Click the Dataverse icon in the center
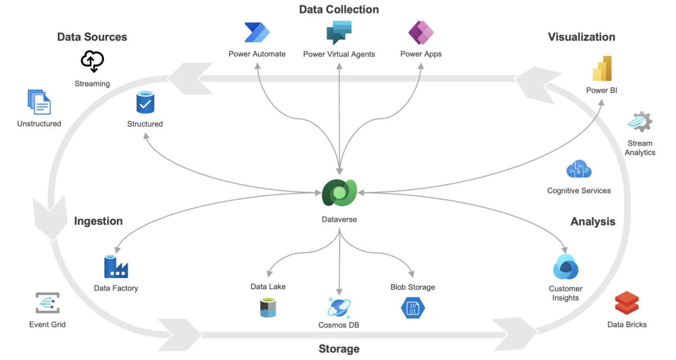tap(339, 193)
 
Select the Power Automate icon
tap(257, 32)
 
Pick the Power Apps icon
tap(421, 32)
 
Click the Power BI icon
tap(602, 69)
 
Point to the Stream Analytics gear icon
tap(640, 122)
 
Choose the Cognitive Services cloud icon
tap(578, 170)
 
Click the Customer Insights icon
tap(565, 267)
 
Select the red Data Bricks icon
tap(627, 304)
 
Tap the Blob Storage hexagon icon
tap(413, 307)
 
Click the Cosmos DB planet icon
tap(339, 307)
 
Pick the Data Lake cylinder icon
tap(268, 307)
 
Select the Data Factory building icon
tap(116, 266)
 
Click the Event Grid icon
tap(47, 304)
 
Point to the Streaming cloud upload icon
tap(92, 61)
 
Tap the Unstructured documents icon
tap(39, 102)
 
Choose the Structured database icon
tap(145, 102)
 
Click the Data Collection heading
tap(339, 10)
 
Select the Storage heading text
tap(339, 349)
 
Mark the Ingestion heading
tap(99, 221)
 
